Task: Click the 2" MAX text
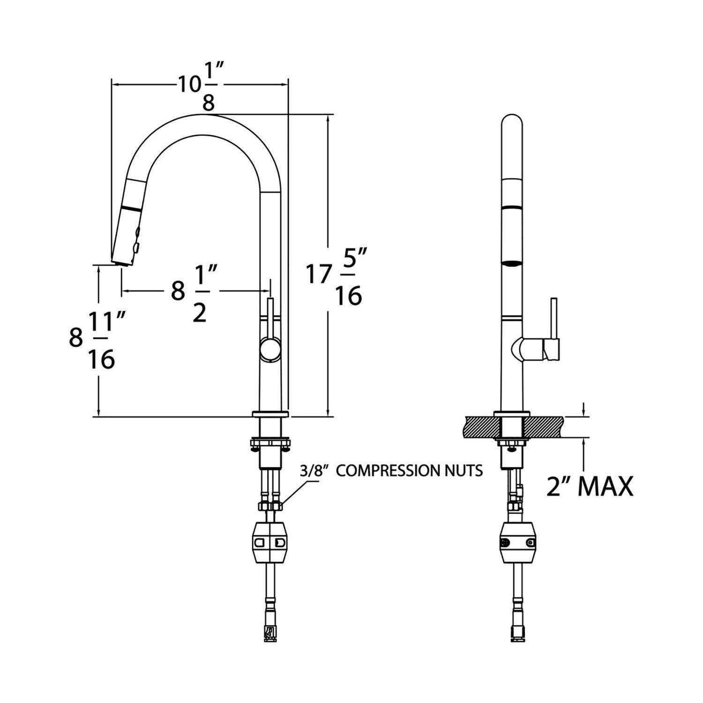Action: point(590,486)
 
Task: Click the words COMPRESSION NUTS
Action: point(410,471)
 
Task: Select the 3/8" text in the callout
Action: point(317,471)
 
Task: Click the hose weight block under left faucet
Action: point(270,544)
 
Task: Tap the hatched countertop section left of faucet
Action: point(478,426)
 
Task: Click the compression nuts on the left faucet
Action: point(270,506)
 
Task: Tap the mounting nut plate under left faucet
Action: point(271,442)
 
